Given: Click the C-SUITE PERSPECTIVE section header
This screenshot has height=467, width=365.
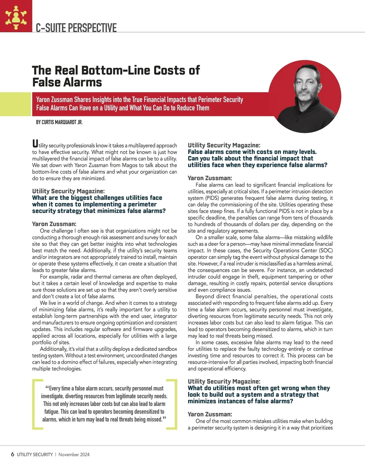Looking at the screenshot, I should pos(76,28).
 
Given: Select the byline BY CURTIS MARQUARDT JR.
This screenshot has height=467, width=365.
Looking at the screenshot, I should pos(59,122).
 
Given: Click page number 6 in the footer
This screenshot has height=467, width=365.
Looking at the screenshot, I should pos(12,454).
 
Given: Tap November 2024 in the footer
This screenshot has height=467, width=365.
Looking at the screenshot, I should pos(74,455).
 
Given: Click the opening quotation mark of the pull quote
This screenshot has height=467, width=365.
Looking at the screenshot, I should pos(47,388).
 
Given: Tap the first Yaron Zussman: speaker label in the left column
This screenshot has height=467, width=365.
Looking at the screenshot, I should pos(54,224).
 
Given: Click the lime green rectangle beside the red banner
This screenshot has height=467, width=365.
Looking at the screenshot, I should pos(16,104).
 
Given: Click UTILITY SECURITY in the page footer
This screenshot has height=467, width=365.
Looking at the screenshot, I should pos(35,455).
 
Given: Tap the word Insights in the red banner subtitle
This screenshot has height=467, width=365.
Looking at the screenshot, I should pos(102,100).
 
